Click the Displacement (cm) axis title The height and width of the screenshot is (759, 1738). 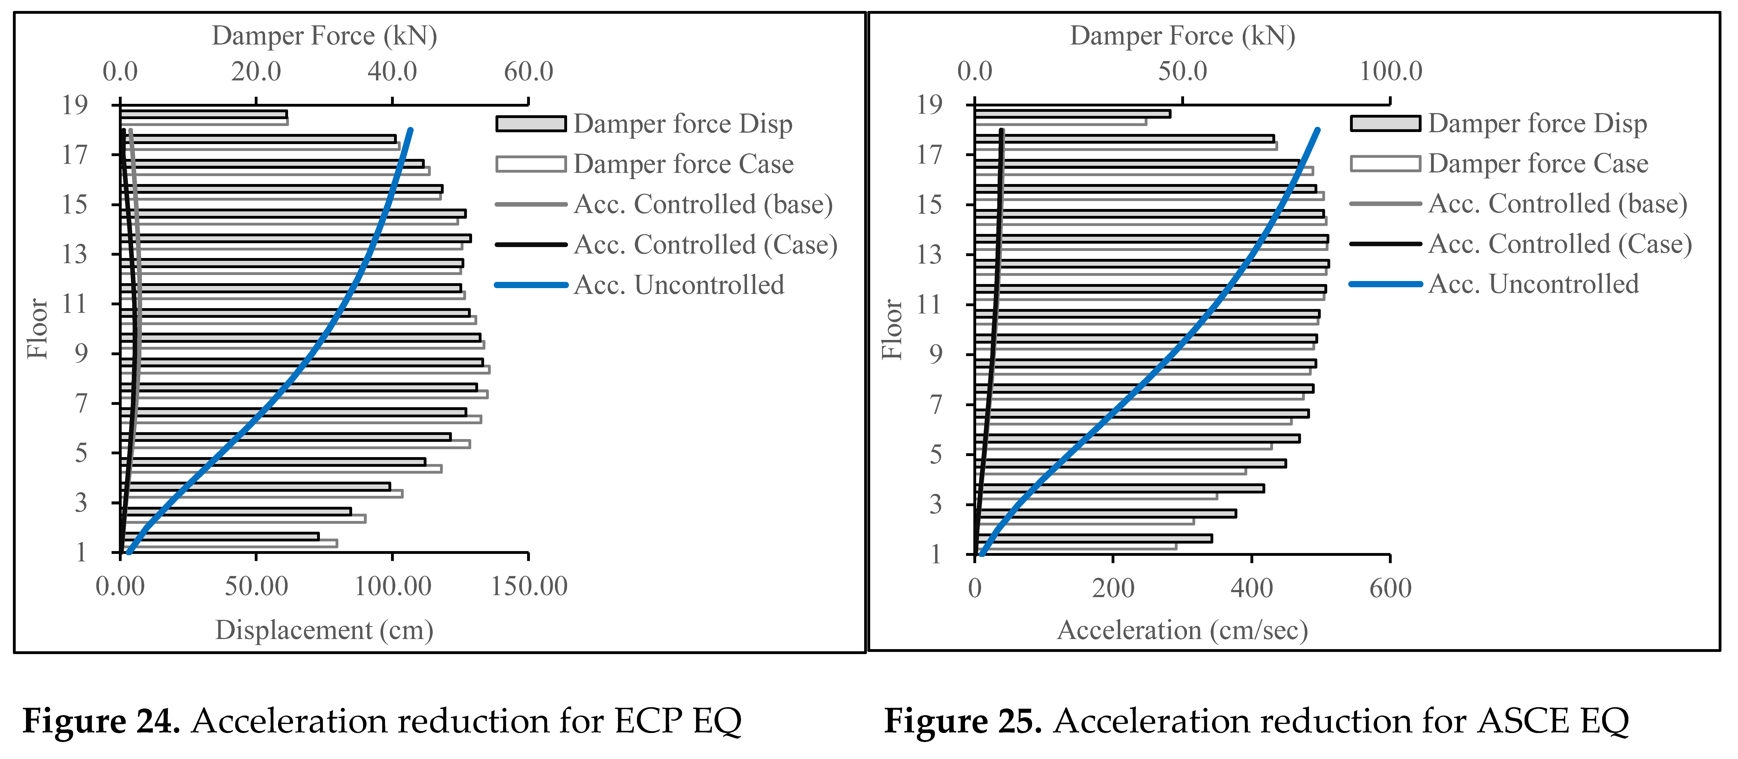coord(324,630)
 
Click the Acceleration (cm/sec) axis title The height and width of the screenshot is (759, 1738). coord(1182,630)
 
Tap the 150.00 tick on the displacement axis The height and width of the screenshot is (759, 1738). coord(529,586)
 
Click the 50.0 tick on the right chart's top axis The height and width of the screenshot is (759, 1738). coord(1182,72)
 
